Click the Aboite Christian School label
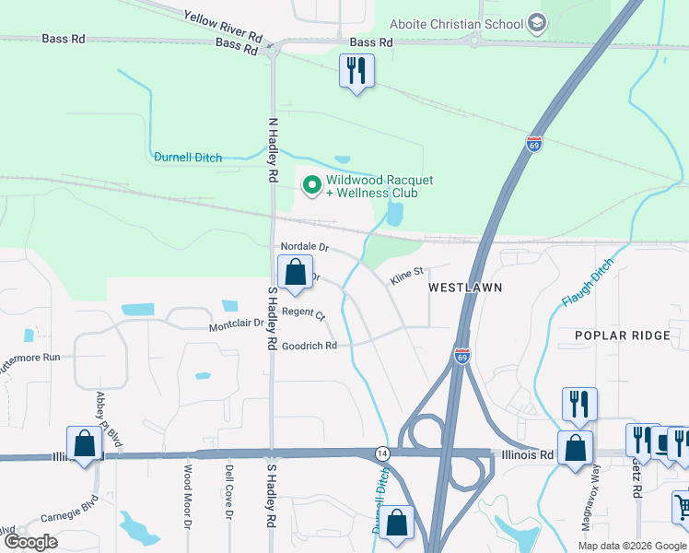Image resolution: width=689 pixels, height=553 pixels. coord(456,23)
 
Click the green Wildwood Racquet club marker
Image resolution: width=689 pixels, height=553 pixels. coord(312,186)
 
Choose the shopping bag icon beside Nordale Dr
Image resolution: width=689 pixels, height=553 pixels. coord(295,273)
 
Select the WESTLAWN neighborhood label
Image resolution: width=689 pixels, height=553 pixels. coord(465,288)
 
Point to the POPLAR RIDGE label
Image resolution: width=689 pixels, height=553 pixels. coord(623,335)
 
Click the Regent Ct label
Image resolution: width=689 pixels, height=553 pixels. coord(303,314)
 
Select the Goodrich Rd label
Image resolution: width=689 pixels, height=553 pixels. coord(309,346)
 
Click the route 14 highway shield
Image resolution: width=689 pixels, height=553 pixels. coord(381,453)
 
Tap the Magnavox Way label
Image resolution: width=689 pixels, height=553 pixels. coord(590,508)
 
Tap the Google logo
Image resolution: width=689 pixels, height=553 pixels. coord(30,542)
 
